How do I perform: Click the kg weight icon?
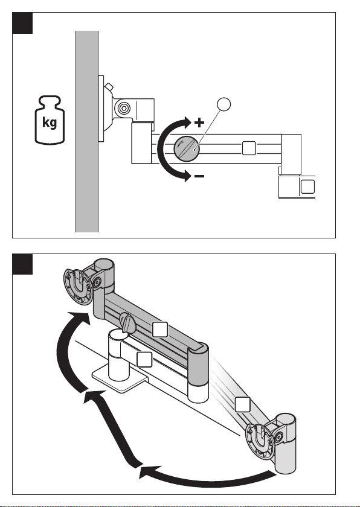[x=50, y=120]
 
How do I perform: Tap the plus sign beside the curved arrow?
[x=199, y=123]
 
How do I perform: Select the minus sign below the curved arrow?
[x=199, y=176]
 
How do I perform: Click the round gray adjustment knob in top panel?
[x=187, y=148]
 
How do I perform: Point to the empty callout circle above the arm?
[x=224, y=104]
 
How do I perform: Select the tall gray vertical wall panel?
[x=87, y=132]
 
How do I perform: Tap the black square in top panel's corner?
[x=22, y=23]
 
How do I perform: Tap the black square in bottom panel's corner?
[x=22, y=264]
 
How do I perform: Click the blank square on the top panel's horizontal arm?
[x=249, y=148]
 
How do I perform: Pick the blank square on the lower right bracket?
[x=307, y=187]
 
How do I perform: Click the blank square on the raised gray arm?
[x=160, y=330]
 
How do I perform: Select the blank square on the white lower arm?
[x=144, y=359]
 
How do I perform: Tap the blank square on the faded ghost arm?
[x=243, y=404]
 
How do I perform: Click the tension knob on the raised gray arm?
[x=127, y=322]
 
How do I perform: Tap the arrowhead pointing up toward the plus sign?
[x=187, y=123]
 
